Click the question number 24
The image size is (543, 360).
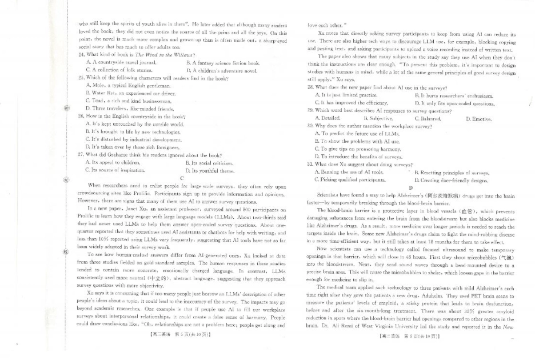click(81, 55)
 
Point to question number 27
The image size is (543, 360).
click(81, 155)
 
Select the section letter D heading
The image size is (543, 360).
click(410, 187)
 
